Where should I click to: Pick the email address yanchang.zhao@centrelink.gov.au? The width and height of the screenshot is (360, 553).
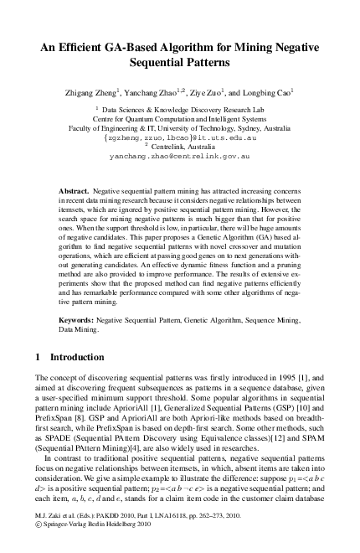(x=180, y=156)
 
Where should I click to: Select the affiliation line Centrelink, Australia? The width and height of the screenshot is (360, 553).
(x=183, y=146)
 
